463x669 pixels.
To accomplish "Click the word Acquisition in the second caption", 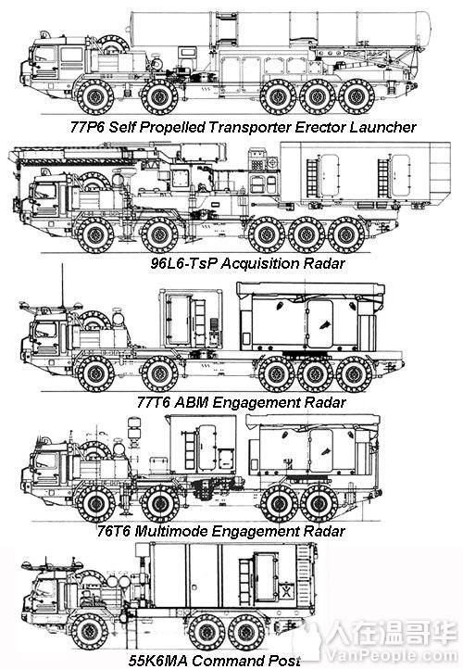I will point(250,264).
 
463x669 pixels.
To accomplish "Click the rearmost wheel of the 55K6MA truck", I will point(244,633).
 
